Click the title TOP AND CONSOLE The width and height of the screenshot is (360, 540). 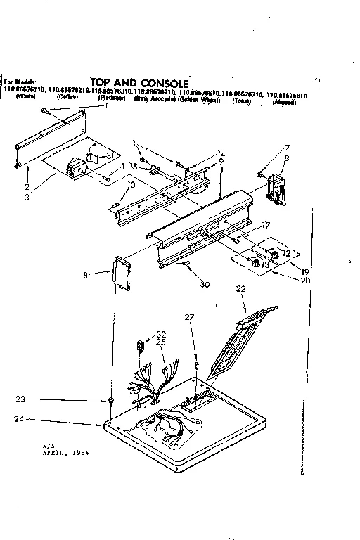click(139, 82)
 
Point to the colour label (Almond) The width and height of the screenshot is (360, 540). click(283, 103)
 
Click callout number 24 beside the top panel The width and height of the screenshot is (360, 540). click(22, 421)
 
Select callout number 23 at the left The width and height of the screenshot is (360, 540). click(22, 399)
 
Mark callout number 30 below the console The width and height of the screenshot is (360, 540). click(205, 264)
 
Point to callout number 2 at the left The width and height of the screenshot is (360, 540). click(26, 188)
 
